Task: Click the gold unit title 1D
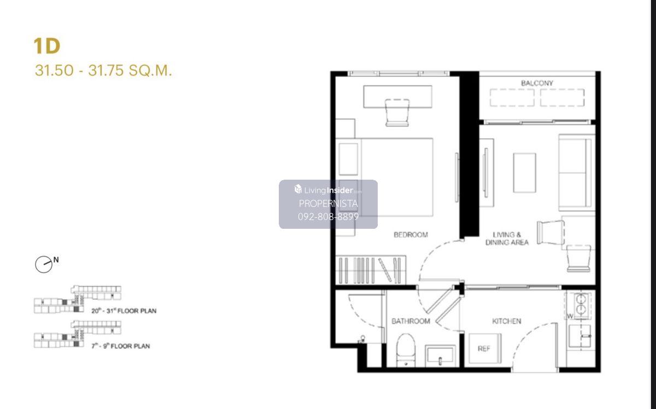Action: click(x=47, y=46)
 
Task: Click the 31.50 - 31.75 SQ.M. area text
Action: click(x=103, y=70)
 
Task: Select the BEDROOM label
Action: click(x=411, y=235)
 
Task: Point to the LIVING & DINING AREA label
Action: click(x=507, y=239)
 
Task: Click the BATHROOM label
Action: click(x=411, y=321)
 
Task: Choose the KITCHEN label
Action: click(x=507, y=321)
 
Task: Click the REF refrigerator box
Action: click(x=485, y=348)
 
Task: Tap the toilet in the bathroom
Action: click(x=406, y=350)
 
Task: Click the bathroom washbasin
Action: click(x=440, y=355)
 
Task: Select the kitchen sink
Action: click(x=579, y=336)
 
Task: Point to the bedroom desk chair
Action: click(x=397, y=112)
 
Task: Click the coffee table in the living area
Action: click(x=524, y=173)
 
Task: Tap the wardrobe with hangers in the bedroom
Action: click(x=371, y=270)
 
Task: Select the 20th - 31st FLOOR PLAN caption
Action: click(x=124, y=311)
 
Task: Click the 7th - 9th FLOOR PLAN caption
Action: click(x=121, y=346)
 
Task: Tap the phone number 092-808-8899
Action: click(x=329, y=216)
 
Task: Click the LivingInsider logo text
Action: click(x=328, y=190)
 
